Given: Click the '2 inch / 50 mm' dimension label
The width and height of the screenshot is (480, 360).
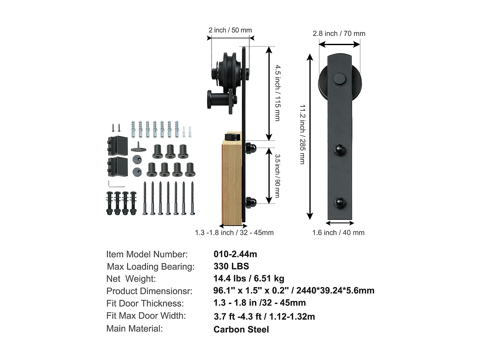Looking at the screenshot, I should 230,30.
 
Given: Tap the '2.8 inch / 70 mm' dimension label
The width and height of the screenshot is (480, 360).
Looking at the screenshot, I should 339,34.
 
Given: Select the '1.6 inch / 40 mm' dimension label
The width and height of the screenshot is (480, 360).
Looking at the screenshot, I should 338,233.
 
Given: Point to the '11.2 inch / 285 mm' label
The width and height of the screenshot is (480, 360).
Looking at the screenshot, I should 302,134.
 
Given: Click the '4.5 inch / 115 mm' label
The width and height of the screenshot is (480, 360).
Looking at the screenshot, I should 277,93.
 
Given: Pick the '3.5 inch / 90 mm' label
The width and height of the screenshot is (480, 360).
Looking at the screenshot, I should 277,176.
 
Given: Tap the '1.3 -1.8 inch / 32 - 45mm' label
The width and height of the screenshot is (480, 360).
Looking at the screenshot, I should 234,233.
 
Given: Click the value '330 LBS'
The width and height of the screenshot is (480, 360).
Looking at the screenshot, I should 231,266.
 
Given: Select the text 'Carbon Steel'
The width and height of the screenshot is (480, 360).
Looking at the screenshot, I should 241,330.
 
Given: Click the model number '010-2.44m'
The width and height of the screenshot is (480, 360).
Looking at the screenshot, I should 235,254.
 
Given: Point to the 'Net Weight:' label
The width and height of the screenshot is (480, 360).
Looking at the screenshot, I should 131,279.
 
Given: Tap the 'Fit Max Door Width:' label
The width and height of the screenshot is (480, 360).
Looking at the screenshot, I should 146,316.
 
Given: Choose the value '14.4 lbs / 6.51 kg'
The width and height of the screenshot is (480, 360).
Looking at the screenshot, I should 249,278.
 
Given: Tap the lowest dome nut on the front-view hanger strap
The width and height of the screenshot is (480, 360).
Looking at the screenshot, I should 340,202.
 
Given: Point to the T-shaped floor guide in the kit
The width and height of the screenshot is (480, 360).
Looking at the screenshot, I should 139,147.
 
